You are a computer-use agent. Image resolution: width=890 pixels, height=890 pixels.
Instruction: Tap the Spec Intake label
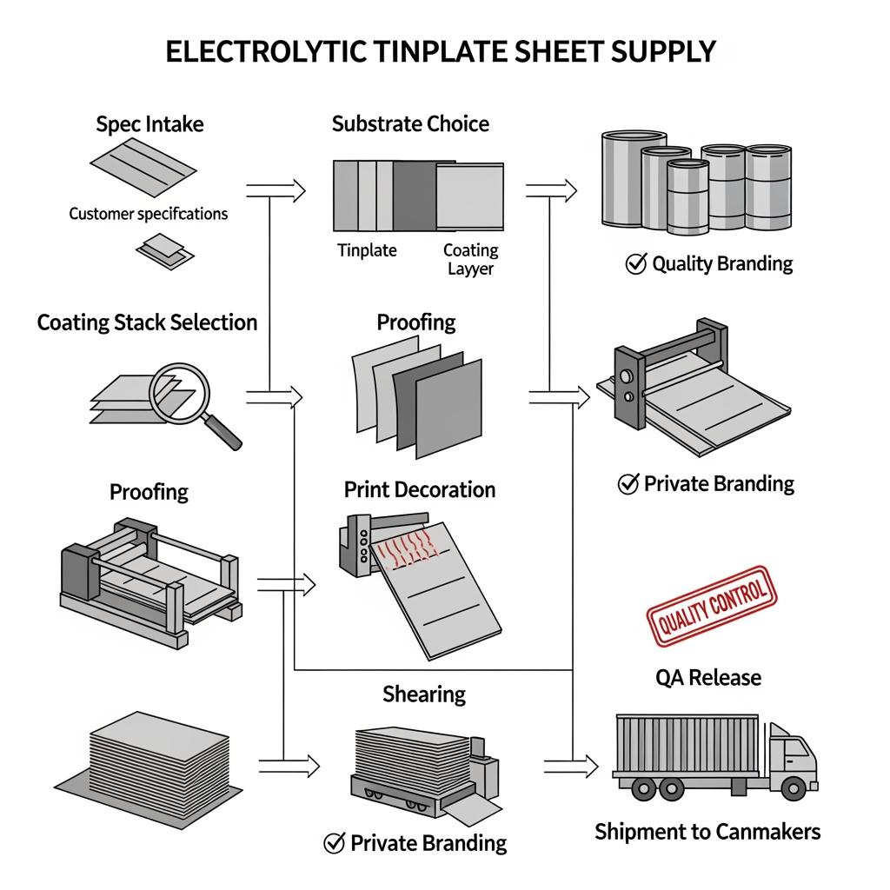(x=149, y=124)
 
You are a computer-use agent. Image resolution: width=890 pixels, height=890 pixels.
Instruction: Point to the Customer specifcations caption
(x=148, y=213)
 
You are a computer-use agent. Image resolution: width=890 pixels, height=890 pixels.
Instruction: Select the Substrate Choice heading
(x=410, y=123)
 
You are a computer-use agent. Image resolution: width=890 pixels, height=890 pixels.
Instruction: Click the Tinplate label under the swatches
(x=367, y=250)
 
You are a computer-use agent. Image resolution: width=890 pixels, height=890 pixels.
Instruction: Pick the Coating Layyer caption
(x=470, y=259)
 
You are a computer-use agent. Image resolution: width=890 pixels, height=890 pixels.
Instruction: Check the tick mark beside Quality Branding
(x=635, y=264)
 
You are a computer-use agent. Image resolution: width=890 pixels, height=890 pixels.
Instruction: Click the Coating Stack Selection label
(x=147, y=323)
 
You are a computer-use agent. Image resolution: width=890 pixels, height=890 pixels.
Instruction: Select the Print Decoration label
(x=420, y=489)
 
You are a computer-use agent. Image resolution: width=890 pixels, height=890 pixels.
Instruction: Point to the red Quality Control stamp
(x=712, y=607)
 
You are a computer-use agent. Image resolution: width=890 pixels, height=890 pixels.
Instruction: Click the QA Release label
(x=708, y=677)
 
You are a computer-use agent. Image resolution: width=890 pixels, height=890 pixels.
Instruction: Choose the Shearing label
(x=424, y=694)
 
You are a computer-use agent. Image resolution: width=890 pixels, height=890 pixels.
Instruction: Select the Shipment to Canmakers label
(x=707, y=832)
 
